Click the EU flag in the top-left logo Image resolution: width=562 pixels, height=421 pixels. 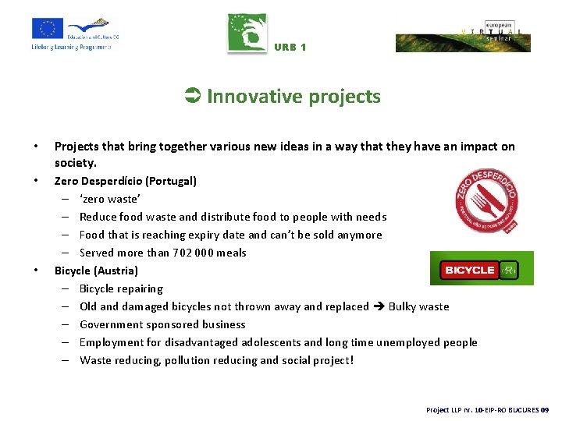coord(48,28)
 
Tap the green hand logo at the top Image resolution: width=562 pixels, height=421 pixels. coord(247,34)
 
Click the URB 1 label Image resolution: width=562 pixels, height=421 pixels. coord(290,48)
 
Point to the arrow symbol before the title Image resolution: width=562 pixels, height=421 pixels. coord(193,97)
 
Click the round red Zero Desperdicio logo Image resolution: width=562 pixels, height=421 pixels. coord(487,201)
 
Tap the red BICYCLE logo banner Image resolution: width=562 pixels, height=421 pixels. coord(482,269)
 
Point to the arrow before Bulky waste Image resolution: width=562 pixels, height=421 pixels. coord(379,306)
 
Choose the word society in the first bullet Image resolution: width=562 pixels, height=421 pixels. coord(75,163)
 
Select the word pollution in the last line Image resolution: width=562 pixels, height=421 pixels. coord(188,360)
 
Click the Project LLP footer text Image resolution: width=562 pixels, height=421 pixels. coord(487,409)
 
